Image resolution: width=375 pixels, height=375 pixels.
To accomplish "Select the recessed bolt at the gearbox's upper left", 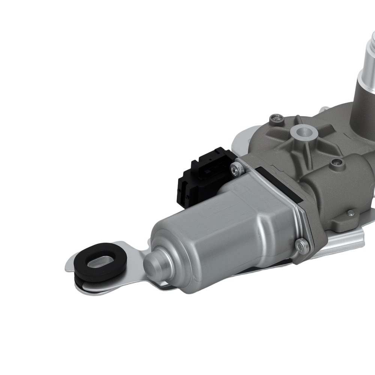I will (276, 118).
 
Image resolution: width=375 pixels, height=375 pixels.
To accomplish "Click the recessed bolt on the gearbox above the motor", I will (336, 162).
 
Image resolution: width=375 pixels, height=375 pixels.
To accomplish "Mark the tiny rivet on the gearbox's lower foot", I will (350, 213).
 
